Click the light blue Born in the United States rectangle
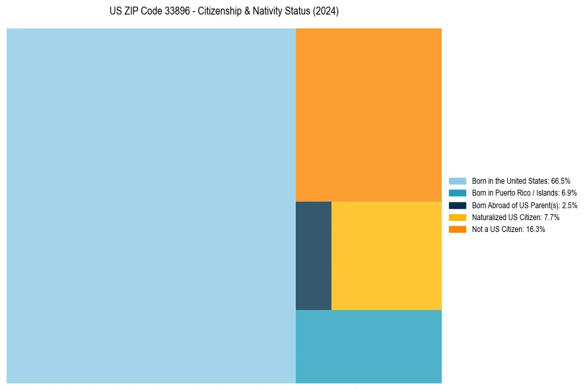click(x=151, y=206)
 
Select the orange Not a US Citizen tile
click(x=368, y=114)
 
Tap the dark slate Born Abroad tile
click(x=314, y=255)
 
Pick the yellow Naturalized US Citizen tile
click(x=386, y=255)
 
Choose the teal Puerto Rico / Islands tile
click(x=368, y=346)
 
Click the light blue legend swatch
click(x=458, y=180)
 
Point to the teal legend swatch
click(x=458, y=193)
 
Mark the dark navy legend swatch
click(x=458, y=205)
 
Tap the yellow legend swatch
click(x=458, y=217)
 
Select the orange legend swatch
click(x=458, y=229)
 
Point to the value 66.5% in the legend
click(x=561, y=180)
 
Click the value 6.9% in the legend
click(x=569, y=193)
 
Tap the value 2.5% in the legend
click(x=570, y=206)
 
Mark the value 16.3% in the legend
click(x=535, y=229)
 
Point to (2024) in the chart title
click(x=326, y=12)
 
